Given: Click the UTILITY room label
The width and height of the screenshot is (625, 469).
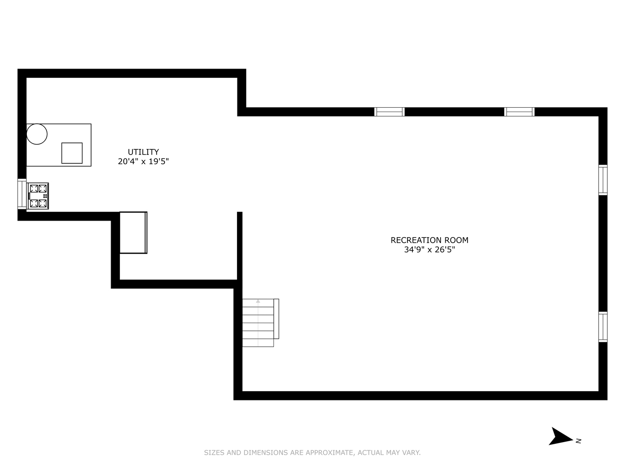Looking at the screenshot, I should pos(143,152).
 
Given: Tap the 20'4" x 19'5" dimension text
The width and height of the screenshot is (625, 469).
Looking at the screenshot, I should pos(143,162).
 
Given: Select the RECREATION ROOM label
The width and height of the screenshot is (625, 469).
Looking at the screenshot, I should pos(429,240).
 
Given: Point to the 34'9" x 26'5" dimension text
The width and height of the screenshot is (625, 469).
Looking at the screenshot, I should pos(429,250).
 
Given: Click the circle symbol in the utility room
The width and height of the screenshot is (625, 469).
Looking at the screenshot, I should pos(37,134).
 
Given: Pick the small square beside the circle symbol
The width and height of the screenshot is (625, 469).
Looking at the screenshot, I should pos(72,153).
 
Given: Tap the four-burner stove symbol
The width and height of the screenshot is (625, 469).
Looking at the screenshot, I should pos(38,196).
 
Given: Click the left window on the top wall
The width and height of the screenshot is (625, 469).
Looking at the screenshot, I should pos(389,112).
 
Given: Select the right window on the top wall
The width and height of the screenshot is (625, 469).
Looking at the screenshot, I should pos(519,112).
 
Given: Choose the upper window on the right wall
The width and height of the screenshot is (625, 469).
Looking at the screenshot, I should pos(603,180).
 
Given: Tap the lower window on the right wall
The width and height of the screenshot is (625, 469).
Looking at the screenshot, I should pos(603,327).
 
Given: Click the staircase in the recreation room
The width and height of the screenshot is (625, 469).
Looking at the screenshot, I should pos(259,323).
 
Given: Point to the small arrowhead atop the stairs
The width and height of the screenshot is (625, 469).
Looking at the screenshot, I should pos(258,301).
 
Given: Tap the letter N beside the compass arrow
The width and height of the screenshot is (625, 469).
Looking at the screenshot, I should pos(579,441).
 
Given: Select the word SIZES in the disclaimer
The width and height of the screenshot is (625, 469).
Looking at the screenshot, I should pos(214,452).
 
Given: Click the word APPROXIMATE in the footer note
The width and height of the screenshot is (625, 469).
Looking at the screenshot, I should pos(330,452).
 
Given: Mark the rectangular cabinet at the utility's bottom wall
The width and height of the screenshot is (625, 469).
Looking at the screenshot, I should pos(133,232).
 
